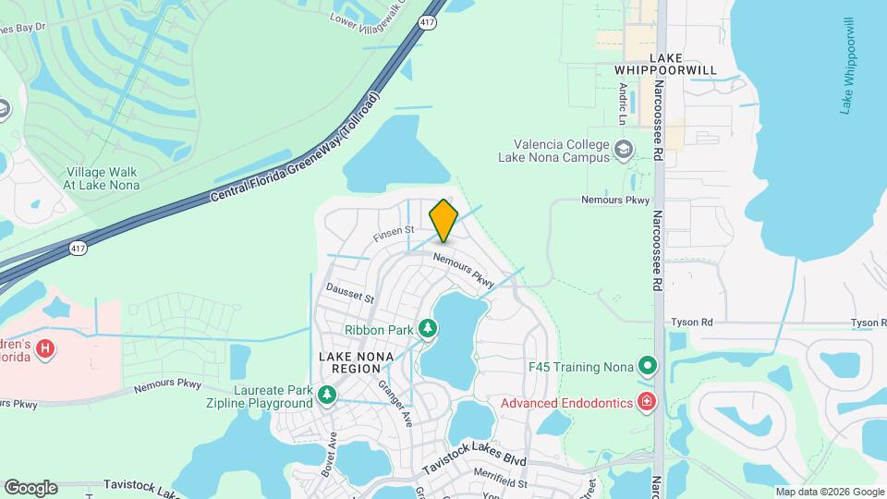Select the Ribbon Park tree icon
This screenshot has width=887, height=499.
point(427,329)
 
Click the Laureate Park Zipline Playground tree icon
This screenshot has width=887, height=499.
point(326,395)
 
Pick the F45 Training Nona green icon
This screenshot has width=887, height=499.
point(648,366)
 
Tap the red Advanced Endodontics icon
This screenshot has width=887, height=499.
point(646,402)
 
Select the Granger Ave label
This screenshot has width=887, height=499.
point(399,406)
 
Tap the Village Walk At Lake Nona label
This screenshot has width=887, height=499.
point(102,178)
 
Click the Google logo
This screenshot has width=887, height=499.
point(30,488)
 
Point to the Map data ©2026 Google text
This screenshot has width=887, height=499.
point(829,492)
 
